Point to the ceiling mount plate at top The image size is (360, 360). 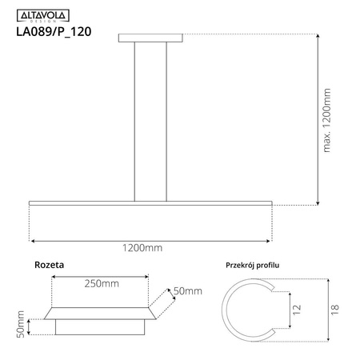(x=150, y=37)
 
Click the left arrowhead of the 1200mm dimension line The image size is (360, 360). (x=32, y=239)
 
